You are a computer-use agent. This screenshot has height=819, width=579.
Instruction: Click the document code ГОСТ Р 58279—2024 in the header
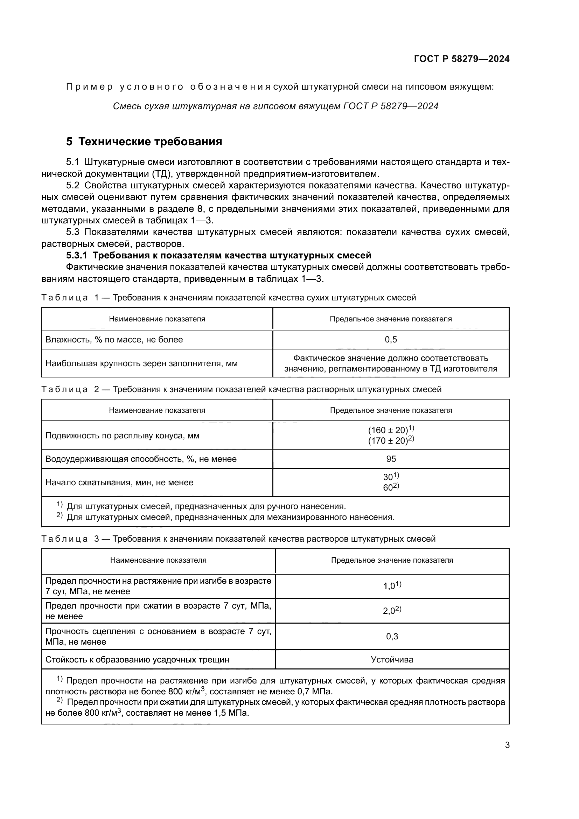[x=461, y=59]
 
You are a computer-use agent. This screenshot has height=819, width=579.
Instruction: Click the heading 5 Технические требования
[x=144, y=141]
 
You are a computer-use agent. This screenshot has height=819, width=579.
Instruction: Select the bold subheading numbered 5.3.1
[x=218, y=255]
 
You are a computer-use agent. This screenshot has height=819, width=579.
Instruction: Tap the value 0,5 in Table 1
[x=391, y=340]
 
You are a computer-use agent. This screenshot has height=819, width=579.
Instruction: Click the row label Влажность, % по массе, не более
[x=114, y=340]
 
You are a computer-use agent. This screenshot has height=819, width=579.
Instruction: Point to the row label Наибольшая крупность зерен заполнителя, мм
[x=141, y=363]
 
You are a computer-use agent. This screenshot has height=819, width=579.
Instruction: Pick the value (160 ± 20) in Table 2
[x=388, y=430]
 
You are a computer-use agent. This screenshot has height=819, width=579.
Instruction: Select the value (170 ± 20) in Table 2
[x=388, y=441]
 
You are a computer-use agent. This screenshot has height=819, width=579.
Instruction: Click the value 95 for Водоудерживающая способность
[x=391, y=459]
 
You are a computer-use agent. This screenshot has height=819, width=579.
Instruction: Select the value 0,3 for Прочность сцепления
[x=392, y=636]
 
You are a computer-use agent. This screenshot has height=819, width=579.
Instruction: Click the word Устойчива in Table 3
[x=392, y=660]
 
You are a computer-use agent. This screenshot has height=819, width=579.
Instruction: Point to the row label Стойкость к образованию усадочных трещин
[x=137, y=660]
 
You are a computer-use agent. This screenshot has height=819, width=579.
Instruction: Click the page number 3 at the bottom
[x=507, y=745]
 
